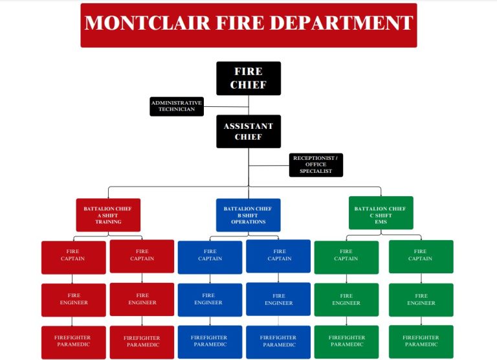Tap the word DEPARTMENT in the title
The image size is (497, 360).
point(344,23)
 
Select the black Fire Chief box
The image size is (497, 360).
point(248,78)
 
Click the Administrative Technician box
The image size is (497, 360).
point(177,106)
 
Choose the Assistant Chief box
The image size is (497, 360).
point(248,131)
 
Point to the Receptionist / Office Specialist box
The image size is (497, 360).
point(316,164)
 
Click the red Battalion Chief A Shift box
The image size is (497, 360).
point(108,215)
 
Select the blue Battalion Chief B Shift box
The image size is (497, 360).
point(248,215)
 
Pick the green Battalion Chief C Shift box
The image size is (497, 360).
point(381,213)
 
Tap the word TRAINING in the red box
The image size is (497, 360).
point(108,222)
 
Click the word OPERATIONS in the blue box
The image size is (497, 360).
point(248,222)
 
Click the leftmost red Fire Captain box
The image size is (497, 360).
point(73,256)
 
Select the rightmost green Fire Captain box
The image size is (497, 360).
point(421,256)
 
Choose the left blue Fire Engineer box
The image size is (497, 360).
point(210,300)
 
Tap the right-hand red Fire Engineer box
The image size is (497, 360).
point(142,299)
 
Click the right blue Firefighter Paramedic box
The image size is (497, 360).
point(278,342)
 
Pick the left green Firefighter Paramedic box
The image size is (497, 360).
point(346,341)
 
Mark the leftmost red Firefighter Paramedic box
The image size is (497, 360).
point(73,342)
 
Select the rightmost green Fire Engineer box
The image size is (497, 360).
point(421,300)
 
